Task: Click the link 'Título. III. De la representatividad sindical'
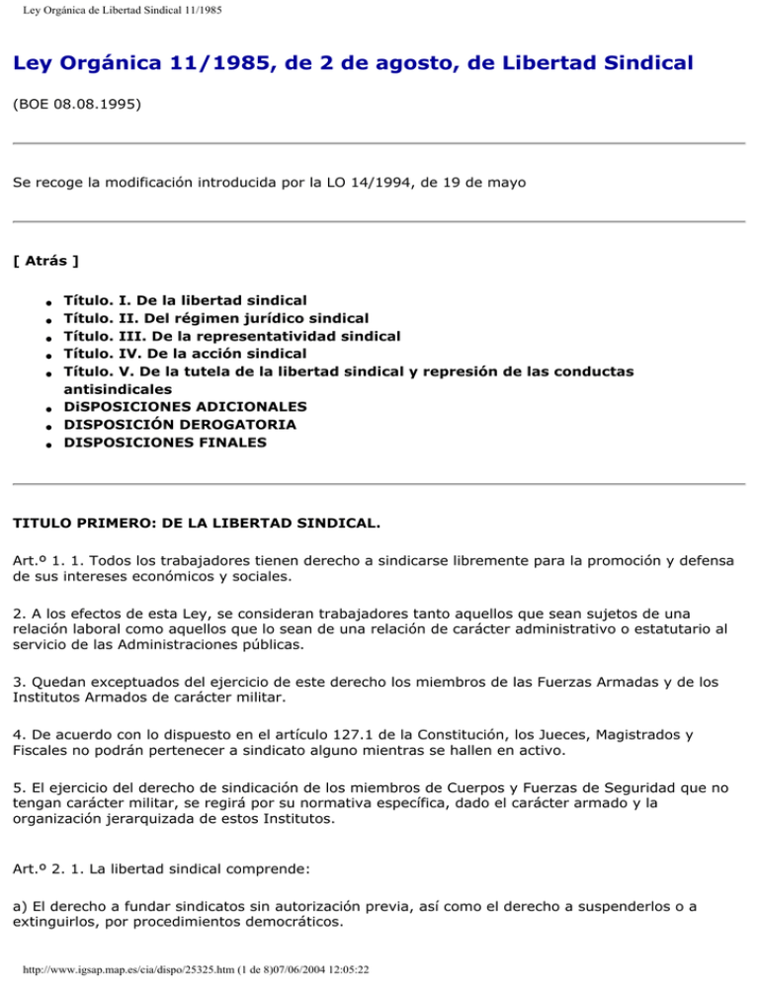click(232, 336)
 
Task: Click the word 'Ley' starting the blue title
click(34, 64)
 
